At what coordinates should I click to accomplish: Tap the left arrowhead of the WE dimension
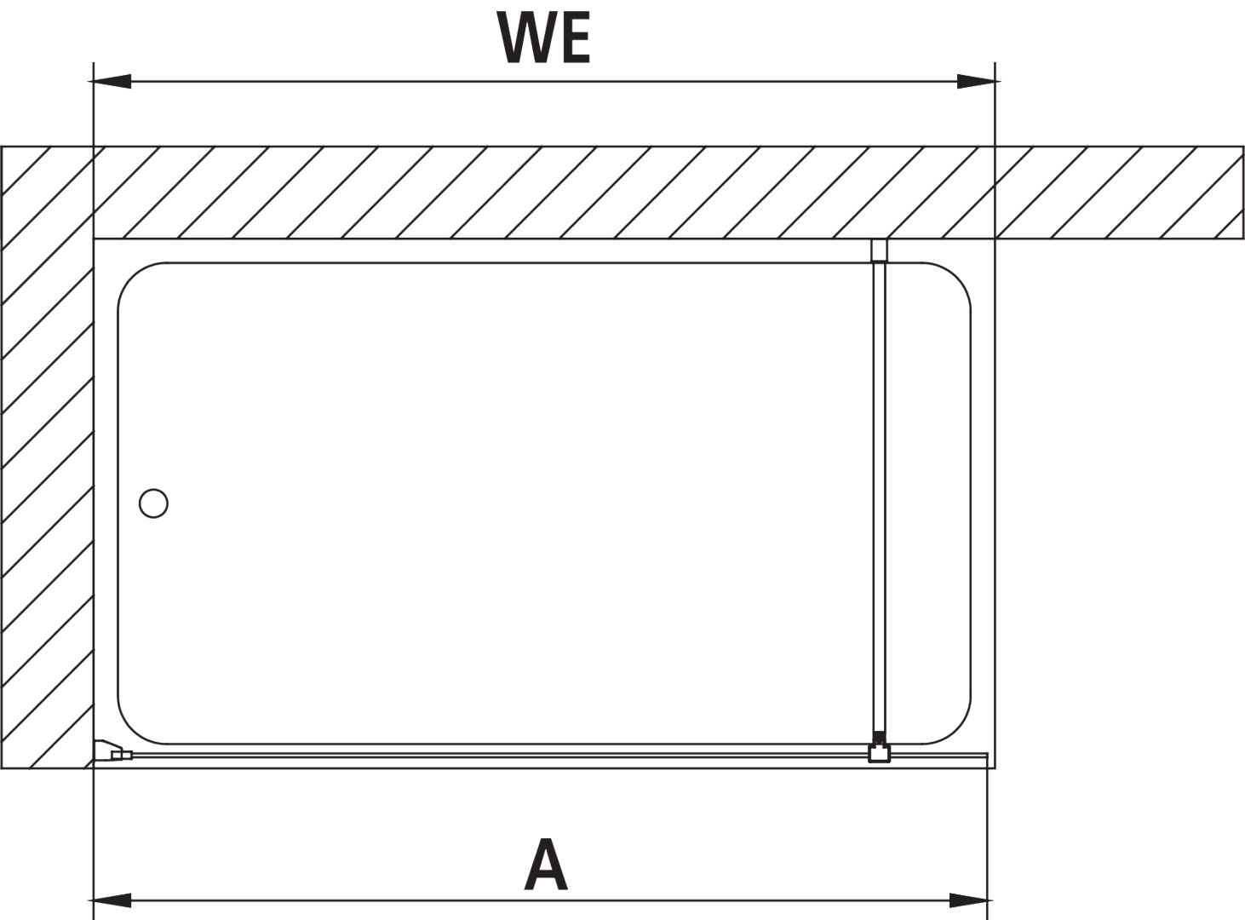click(x=111, y=82)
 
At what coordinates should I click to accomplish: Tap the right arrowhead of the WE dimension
click(x=978, y=82)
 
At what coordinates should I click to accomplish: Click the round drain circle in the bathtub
click(x=153, y=503)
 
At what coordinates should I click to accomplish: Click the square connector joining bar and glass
click(x=879, y=753)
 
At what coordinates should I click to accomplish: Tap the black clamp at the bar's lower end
click(x=879, y=738)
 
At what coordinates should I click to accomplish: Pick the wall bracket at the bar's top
click(x=879, y=250)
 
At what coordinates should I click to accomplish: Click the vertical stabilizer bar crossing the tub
click(x=879, y=497)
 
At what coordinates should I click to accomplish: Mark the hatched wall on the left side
click(x=47, y=457)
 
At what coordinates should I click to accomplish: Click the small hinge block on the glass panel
click(x=121, y=756)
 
